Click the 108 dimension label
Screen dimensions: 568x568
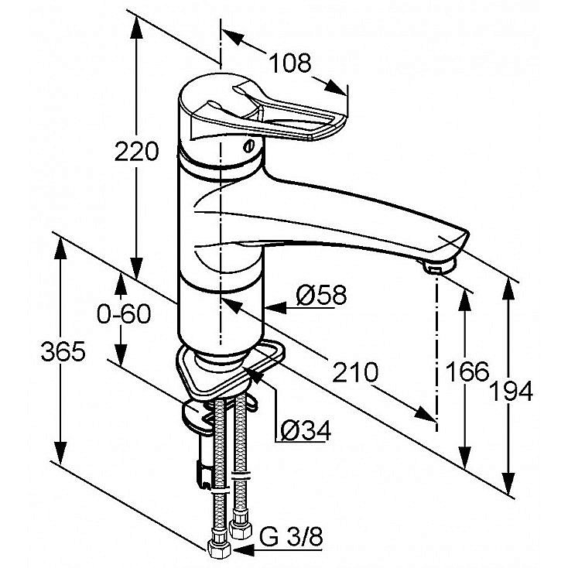289,63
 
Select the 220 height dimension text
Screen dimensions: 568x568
136,152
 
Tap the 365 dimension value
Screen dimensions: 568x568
63,351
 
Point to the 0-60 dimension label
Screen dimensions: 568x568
124,313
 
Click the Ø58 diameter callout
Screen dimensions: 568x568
321,295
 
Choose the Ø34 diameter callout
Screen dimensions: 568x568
306,430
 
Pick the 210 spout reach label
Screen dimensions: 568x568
355,372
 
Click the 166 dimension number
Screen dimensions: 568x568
467,371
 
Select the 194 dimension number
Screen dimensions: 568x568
511,391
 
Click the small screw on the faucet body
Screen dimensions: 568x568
249,147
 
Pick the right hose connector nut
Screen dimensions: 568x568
241,529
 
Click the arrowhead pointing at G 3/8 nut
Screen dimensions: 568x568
242,551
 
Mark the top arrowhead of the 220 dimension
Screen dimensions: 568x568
136,27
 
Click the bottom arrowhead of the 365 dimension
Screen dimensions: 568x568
60,453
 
